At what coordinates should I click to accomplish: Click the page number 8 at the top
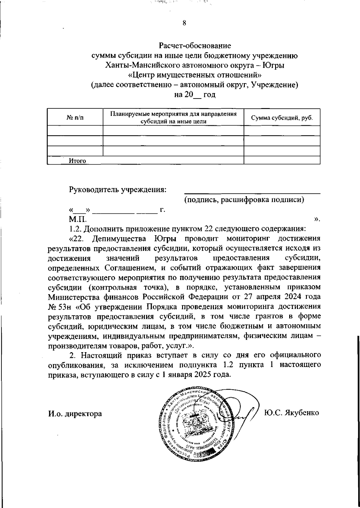click(x=184, y=23)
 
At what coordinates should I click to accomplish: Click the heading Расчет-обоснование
click(x=195, y=46)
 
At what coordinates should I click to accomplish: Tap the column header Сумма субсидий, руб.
click(x=282, y=118)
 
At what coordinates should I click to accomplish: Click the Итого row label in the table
click(x=77, y=161)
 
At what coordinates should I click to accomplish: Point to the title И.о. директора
click(x=75, y=414)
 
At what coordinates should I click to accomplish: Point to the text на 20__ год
click(x=195, y=95)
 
